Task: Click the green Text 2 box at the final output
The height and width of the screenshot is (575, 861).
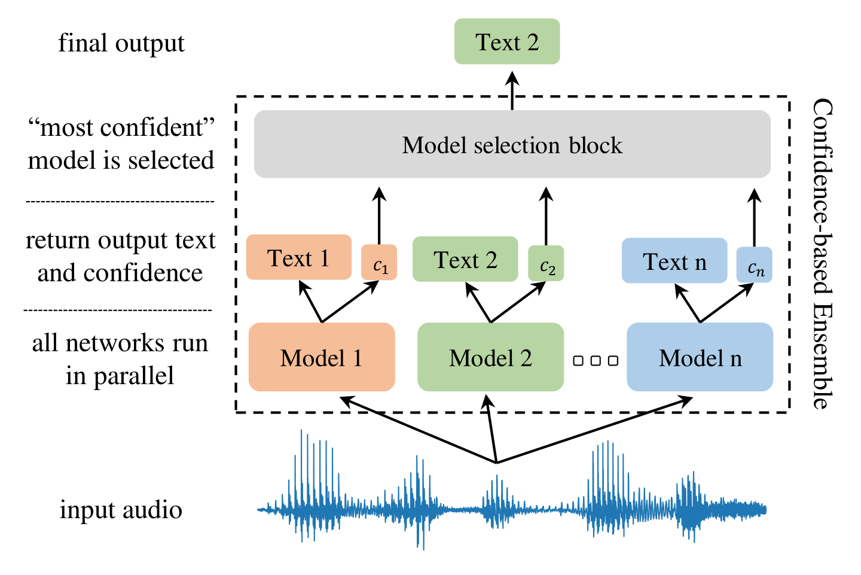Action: (x=506, y=41)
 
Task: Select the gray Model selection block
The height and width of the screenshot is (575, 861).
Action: (x=512, y=144)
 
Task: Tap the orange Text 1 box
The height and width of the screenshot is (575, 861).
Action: (x=298, y=257)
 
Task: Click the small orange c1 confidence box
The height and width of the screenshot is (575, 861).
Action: (x=379, y=263)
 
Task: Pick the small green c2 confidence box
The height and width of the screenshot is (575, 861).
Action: (x=546, y=264)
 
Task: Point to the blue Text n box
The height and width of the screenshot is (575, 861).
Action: (x=674, y=261)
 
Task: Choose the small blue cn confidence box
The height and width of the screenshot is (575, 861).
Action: (x=754, y=265)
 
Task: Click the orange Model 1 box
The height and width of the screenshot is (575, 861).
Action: (x=322, y=357)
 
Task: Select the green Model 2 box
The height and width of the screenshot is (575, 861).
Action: (x=490, y=357)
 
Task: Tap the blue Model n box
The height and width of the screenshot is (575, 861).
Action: (x=700, y=357)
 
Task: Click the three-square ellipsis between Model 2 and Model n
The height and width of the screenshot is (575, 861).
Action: (x=595, y=361)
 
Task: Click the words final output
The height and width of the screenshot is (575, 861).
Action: (x=121, y=43)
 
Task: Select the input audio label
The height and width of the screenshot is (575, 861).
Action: (x=121, y=510)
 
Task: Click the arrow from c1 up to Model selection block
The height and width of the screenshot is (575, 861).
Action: (x=379, y=215)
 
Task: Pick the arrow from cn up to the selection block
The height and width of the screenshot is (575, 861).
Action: (x=755, y=217)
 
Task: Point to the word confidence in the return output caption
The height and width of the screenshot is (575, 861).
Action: (x=143, y=273)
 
